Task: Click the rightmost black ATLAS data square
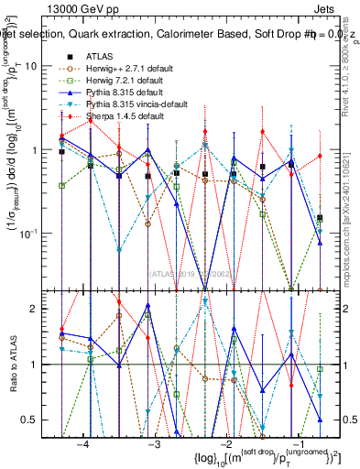[320, 218]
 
